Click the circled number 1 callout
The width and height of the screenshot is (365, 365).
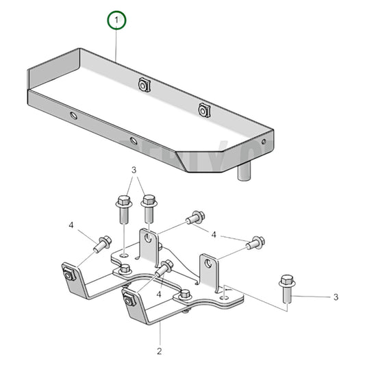(117, 22)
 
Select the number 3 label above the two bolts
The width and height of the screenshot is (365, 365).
(135, 169)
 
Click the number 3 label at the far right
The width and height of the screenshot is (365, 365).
(336, 297)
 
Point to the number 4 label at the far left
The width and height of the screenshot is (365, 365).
(71, 225)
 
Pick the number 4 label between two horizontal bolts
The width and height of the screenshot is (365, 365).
(214, 235)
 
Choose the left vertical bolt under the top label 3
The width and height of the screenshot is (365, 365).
(124, 208)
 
